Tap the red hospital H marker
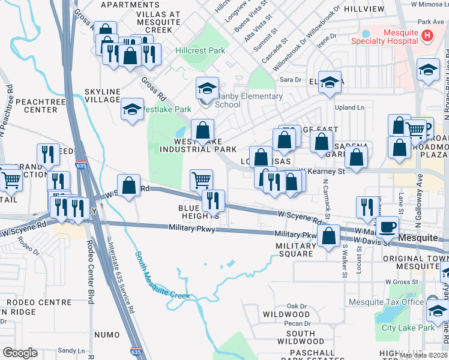(427, 36)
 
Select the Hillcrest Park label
(200, 51)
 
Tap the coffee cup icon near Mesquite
(388, 226)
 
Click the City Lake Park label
(408, 328)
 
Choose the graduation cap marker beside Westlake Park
(132, 109)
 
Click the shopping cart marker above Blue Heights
(201, 179)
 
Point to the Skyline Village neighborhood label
(103, 95)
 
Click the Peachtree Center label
(36, 106)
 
